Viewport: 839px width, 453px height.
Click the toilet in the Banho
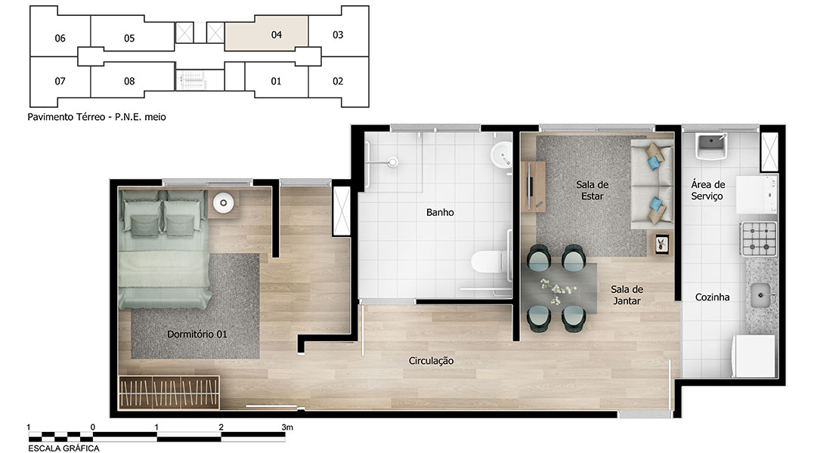tap(487, 262)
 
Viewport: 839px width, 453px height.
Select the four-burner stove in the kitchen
tap(759, 239)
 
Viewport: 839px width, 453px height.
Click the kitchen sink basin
tap(760, 295)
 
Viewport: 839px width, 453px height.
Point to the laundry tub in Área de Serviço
tap(711, 145)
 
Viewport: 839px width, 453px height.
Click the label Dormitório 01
tap(197, 334)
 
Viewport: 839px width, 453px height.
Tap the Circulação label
tap(432, 361)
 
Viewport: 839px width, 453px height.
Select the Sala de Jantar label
tap(627, 295)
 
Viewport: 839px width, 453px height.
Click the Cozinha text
tap(712, 297)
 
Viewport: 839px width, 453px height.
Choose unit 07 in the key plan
tap(60, 82)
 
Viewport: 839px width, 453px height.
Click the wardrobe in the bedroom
tap(169, 393)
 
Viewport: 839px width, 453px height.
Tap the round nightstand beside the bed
tap(224, 202)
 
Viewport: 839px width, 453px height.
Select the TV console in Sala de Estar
tap(533, 186)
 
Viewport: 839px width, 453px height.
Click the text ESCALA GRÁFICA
tap(63, 448)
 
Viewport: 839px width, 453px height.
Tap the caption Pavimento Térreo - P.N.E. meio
tap(97, 116)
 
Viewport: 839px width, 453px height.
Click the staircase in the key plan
tap(191, 80)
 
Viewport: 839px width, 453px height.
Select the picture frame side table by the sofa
tap(662, 245)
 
